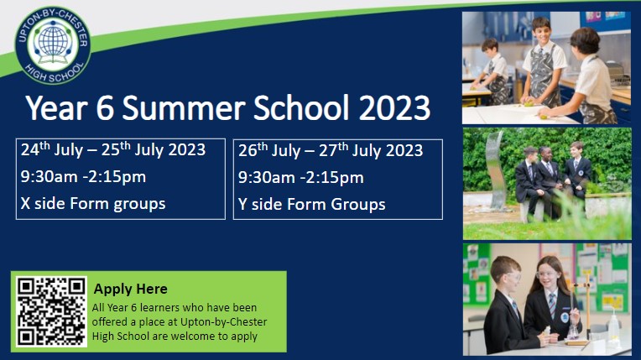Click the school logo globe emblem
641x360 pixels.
53,44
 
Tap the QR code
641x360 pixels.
51,311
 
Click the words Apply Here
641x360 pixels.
130,290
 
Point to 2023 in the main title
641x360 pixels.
394,107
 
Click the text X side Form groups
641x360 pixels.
93,203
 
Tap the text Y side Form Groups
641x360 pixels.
312,204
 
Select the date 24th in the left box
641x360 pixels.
35,149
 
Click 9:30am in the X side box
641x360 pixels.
49,177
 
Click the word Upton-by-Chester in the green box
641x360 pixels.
224,322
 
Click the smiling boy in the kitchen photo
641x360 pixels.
543,61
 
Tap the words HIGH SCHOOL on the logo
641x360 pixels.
54,74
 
